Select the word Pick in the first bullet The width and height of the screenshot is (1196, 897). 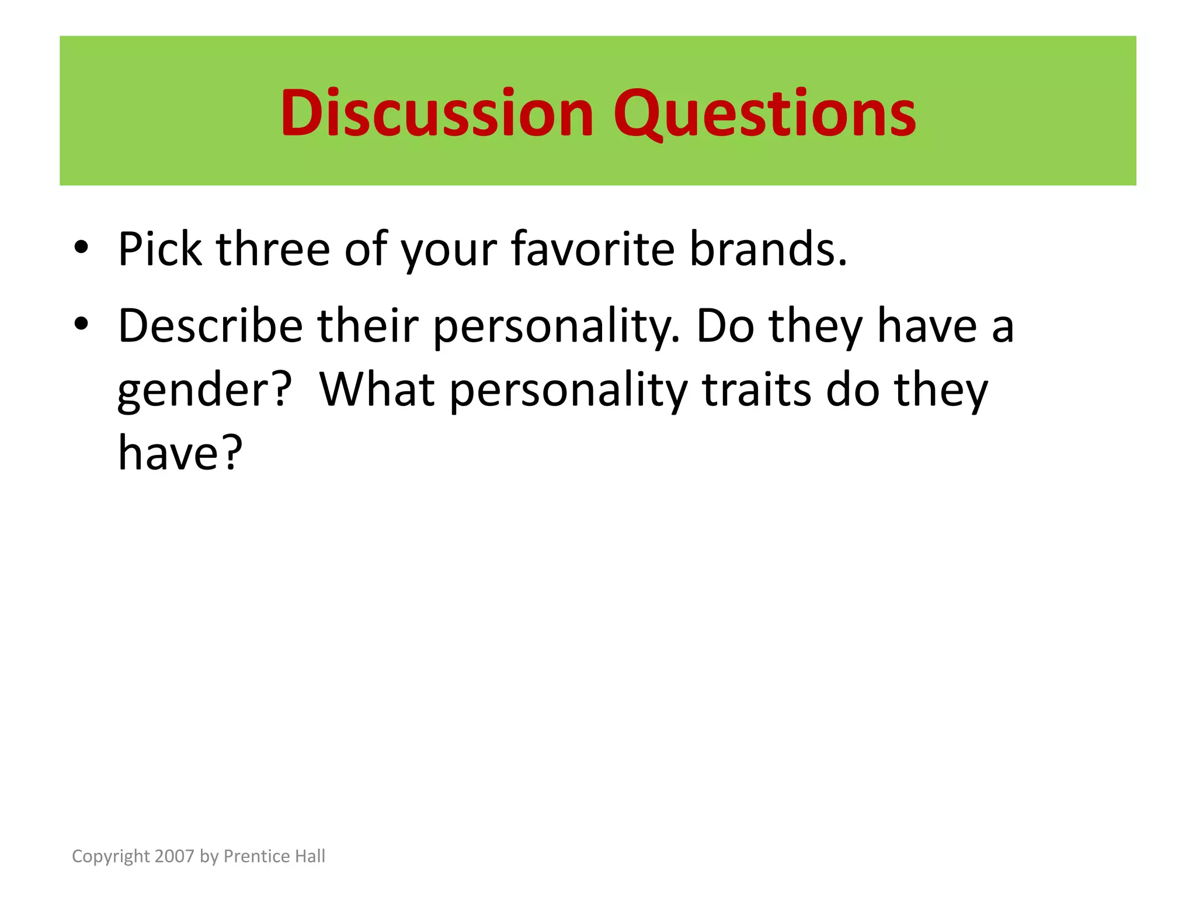pos(159,249)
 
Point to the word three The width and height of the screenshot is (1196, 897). pos(273,249)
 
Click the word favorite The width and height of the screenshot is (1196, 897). pos(593,249)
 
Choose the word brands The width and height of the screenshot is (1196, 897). pos(767,249)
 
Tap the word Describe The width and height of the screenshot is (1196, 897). pos(210,326)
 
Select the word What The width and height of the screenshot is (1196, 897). pos(377,390)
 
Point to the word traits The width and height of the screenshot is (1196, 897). pos(756,390)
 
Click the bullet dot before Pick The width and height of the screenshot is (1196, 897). pos(81,248)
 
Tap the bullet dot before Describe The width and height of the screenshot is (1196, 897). pos(81,324)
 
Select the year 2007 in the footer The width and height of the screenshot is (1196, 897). pos(175,856)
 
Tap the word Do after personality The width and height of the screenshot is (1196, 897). pos(725,326)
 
